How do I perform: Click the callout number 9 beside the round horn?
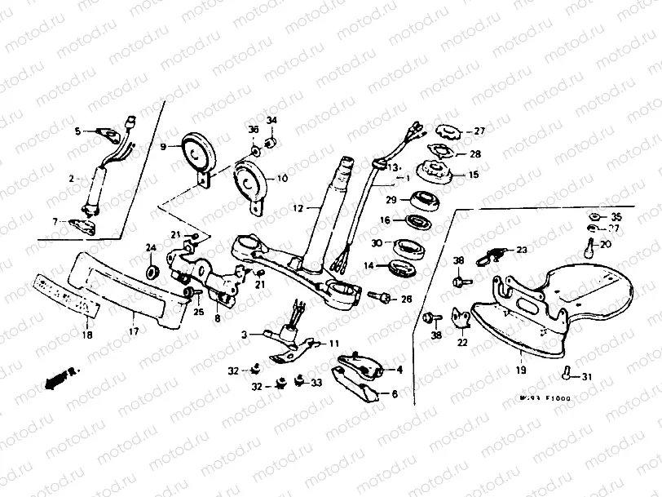pyautogui.click(x=163, y=147)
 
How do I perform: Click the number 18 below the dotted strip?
pyautogui.click(x=88, y=335)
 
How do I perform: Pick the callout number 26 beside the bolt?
pyautogui.click(x=407, y=300)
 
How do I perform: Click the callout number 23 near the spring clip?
pyautogui.click(x=522, y=251)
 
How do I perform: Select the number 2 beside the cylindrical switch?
pyautogui.click(x=71, y=177)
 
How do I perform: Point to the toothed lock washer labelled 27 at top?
pyautogui.click(x=447, y=131)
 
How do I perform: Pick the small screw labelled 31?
pyautogui.click(x=564, y=374)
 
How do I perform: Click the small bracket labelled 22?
pyautogui.click(x=461, y=319)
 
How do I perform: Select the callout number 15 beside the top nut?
pyautogui.click(x=474, y=175)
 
